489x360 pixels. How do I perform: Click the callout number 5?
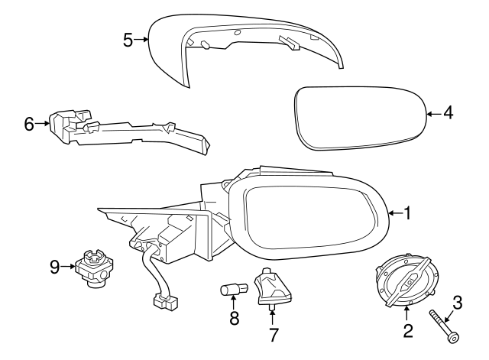(128, 41)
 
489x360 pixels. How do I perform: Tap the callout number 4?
(448, 112)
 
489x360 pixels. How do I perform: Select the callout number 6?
(29, 124)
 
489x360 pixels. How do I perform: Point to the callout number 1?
(407, 213)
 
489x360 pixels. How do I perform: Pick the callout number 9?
(55, 267)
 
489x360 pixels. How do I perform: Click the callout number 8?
(234, 318)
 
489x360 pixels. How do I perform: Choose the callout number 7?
(273, 335)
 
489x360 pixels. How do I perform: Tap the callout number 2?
(407, 331)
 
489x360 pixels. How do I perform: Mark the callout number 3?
(457, 303)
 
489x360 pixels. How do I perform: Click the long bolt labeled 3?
(444, 326)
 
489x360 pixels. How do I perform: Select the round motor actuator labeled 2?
(405, 281)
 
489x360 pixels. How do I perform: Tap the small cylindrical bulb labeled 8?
(234, 289)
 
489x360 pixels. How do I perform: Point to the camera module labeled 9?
(93, 268)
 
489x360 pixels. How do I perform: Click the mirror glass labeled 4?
(360, 118)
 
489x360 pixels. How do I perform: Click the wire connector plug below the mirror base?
(165, 303)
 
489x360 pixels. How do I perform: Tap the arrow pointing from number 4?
(433, 114)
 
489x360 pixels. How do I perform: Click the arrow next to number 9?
(68, 267)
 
